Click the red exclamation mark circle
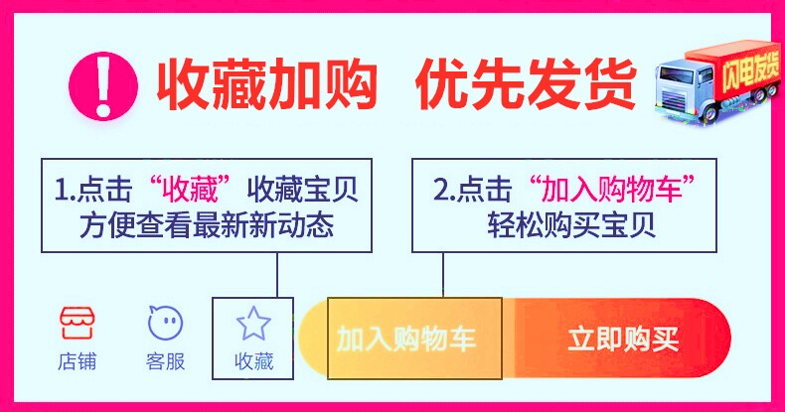coord(104,80)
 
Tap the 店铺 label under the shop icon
coord(78,361)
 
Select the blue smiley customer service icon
coord(165,322)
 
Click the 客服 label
coord(165,361)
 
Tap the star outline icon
coord(252,322)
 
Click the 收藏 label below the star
coord(252,361)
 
